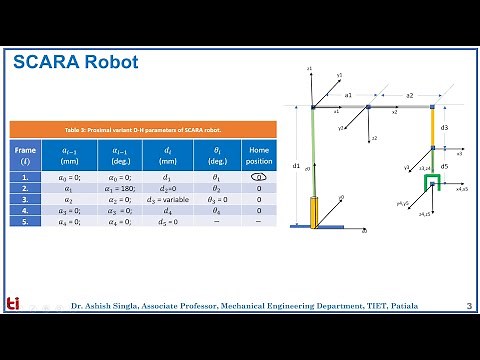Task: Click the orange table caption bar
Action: click(141, 130)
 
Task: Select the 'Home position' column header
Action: click(258, 155)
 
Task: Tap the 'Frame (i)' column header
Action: click(26, 155)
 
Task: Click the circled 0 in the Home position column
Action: click(258, 176)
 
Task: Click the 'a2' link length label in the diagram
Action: click(409, 95)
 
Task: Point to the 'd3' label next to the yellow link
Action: click(444, 128)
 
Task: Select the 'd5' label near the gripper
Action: click(444, 165)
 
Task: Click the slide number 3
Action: click(469, 305)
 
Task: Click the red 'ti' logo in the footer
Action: click(13, 304)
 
